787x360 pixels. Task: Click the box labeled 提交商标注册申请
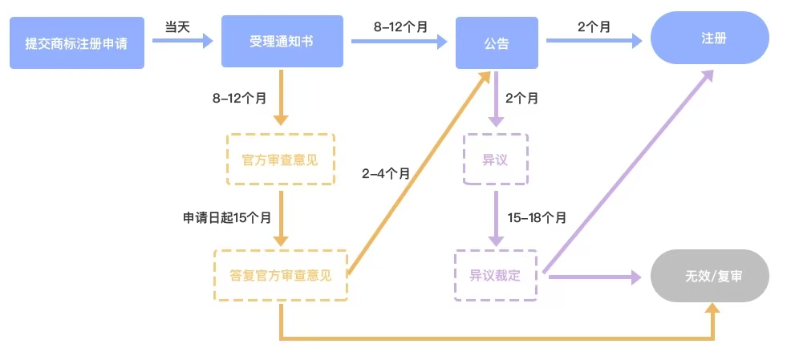coord(77,42)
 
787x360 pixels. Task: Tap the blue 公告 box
coord(497,43)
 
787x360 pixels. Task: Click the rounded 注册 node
coord(710,38)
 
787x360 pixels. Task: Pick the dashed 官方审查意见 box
coord(280,160)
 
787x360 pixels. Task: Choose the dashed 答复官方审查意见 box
coord(281,275)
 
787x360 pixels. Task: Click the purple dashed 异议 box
coord(495,160)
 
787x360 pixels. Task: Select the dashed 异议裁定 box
coord(495,276)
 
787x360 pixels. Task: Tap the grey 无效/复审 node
coord(710,276)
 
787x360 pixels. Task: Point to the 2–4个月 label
coord(386,172)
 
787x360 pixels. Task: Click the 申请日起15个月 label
coord(227,216)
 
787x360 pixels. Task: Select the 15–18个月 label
coord(537,217)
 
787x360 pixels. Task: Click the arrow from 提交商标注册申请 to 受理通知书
coord(182,39)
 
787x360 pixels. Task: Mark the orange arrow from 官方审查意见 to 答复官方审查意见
coord(281,216)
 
